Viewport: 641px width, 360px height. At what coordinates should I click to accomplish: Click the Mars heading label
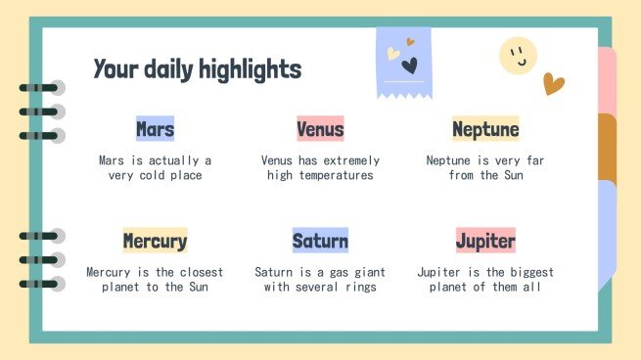(x=155, y=129)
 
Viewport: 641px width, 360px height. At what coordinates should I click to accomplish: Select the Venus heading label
(x=320, y=129)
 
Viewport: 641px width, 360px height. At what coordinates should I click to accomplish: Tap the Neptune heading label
(x=485, y=129)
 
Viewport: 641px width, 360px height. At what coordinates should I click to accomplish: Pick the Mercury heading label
(x=155, y=241)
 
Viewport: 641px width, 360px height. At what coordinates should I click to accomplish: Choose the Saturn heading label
(x=320, y=241)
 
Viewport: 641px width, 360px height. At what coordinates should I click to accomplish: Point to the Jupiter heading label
(x=485, y=241)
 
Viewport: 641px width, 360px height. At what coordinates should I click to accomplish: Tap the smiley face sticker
(x=518, y=57)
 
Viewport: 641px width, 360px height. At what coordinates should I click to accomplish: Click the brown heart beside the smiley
(x=554, y=85)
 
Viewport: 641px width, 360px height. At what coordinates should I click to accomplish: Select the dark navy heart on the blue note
(x=409, y=67)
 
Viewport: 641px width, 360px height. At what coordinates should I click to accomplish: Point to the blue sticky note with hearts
(x=404, y=62)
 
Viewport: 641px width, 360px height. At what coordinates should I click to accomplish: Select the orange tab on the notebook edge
(x=607, y=147)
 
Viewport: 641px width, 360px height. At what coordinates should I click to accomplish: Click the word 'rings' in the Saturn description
(x=359, y=288)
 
